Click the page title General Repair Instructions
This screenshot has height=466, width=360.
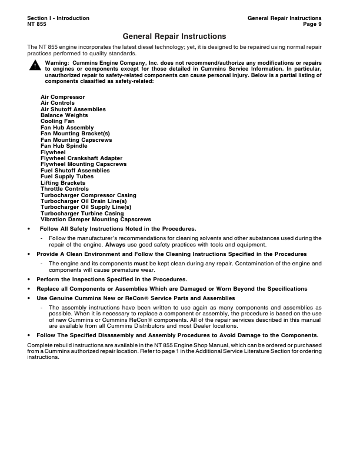pos(174,36)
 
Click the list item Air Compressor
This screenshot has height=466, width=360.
pos(62,96)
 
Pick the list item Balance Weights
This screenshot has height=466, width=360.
pos(64,115)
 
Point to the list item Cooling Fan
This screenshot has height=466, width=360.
pos(58,121)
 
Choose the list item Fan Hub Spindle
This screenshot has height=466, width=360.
pos(64,146)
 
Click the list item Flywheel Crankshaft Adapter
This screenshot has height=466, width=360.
pos(80,158)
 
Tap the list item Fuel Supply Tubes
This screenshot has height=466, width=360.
pos(67,177)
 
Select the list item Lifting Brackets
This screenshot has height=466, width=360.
pos(63,183)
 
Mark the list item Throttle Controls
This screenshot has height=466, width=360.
pos(65,189)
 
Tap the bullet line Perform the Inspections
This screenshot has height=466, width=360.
pos(112,279)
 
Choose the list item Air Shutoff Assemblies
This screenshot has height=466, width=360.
pos(73,109)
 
